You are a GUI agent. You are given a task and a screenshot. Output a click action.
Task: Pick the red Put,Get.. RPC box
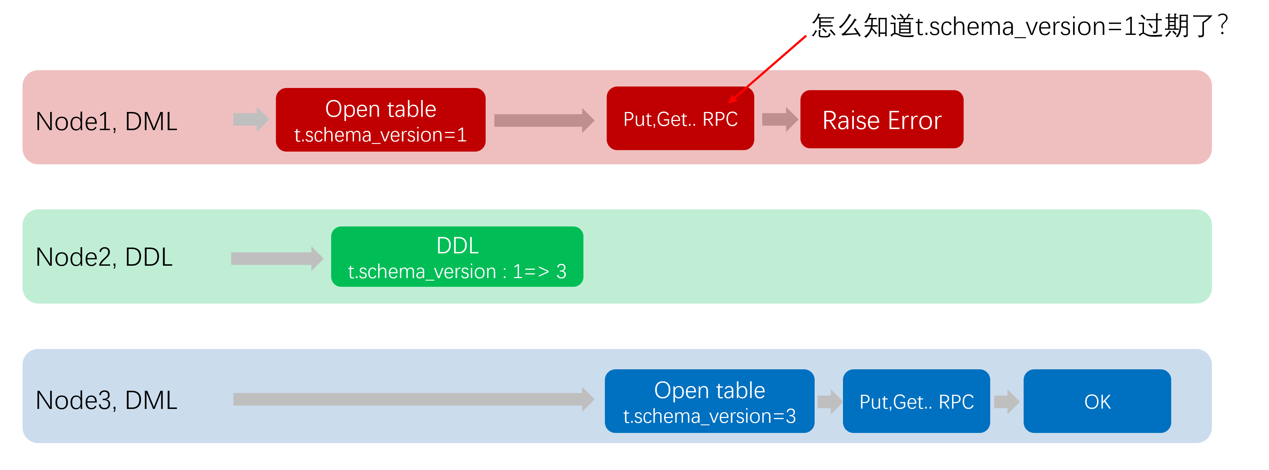click(680, 119)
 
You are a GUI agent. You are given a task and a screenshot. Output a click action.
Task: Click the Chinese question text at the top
click(1020, 25)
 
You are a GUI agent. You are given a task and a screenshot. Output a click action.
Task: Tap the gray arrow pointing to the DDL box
click(276, 258)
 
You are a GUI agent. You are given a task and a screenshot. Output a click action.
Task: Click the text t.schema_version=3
click(709, 416)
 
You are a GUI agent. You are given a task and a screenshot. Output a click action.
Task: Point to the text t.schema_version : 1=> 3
click(457, 272)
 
